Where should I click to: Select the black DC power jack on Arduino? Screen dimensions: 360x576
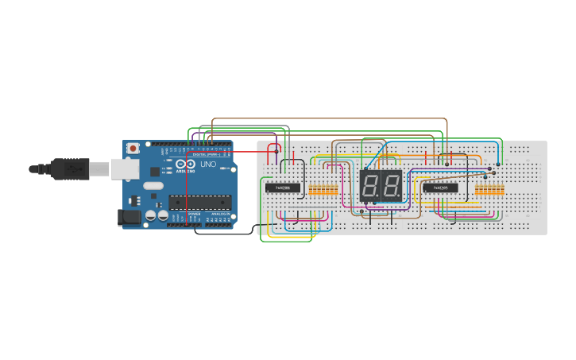(126, 217)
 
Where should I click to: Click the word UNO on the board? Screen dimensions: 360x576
(207, 165)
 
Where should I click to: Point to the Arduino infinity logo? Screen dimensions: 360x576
(189, 165)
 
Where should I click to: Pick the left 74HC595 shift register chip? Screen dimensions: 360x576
(282, 188)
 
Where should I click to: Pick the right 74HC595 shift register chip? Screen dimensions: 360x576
(440, 188)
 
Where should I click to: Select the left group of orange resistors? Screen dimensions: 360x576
(323, 190)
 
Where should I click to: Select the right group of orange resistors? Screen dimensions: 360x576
(489, 190)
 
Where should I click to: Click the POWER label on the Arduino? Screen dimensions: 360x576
(194, 215)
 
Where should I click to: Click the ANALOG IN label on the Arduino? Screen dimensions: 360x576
(218, 215)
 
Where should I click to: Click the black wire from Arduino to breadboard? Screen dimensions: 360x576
(230, 232)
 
